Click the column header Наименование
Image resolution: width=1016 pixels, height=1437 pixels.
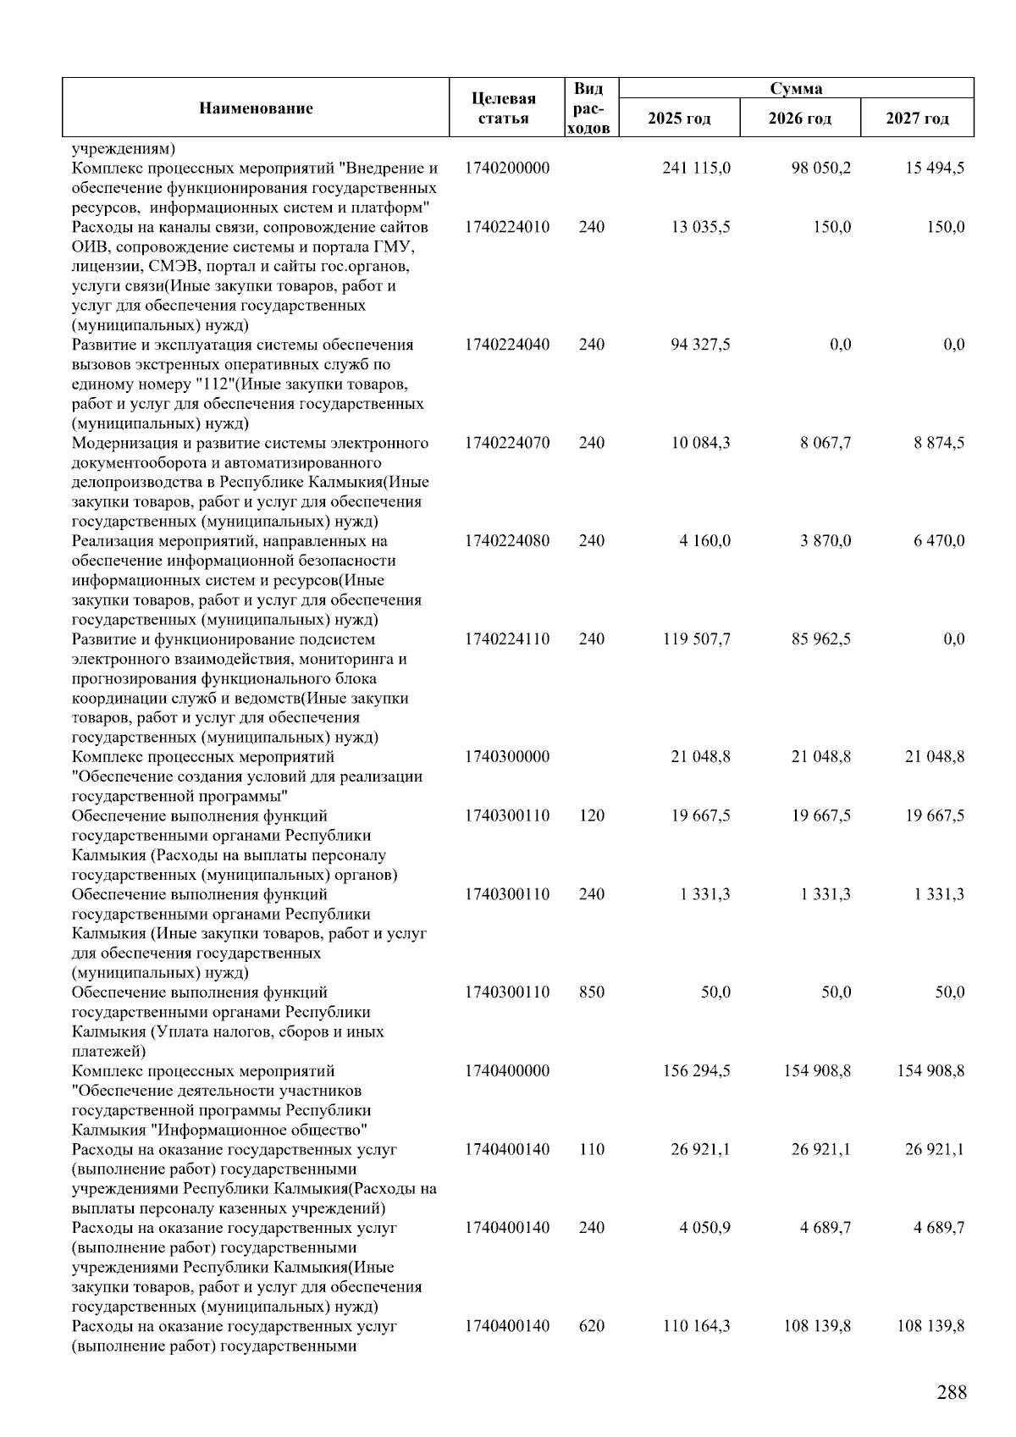(256, 108)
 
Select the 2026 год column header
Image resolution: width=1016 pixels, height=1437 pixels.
(799, 118)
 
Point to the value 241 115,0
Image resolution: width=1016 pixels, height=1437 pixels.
(696, 168)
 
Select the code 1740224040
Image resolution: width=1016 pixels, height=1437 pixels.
(506, 345)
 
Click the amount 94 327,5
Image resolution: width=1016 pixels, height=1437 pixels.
(700, 345)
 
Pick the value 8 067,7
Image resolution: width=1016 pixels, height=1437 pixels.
(825, 443)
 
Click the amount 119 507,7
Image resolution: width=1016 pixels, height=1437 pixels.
(696, 639)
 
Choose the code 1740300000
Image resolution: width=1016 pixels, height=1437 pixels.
(506, 757)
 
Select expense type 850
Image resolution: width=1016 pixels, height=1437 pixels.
(591, 992)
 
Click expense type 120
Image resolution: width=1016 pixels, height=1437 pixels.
(591, 815)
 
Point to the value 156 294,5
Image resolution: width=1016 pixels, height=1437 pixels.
(696, 1071)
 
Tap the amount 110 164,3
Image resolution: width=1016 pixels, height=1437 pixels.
(696, 1326)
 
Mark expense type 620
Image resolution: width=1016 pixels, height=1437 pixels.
(591, 1326)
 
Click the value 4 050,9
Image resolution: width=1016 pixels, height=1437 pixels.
(704, 1228)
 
